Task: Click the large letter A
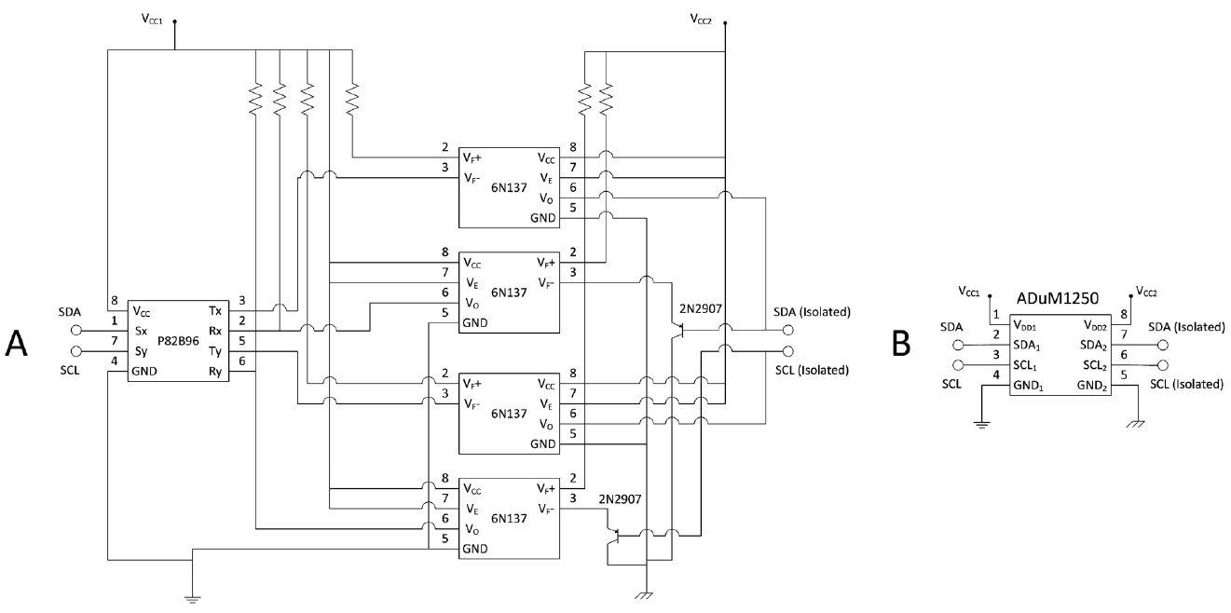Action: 17,344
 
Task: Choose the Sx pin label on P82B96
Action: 140,331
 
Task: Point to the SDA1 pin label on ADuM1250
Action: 1029,346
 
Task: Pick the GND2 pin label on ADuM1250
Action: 1091,386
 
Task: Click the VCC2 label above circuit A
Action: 704,18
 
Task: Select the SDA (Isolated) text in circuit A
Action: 812,311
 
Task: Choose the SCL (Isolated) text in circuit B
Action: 1184,384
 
